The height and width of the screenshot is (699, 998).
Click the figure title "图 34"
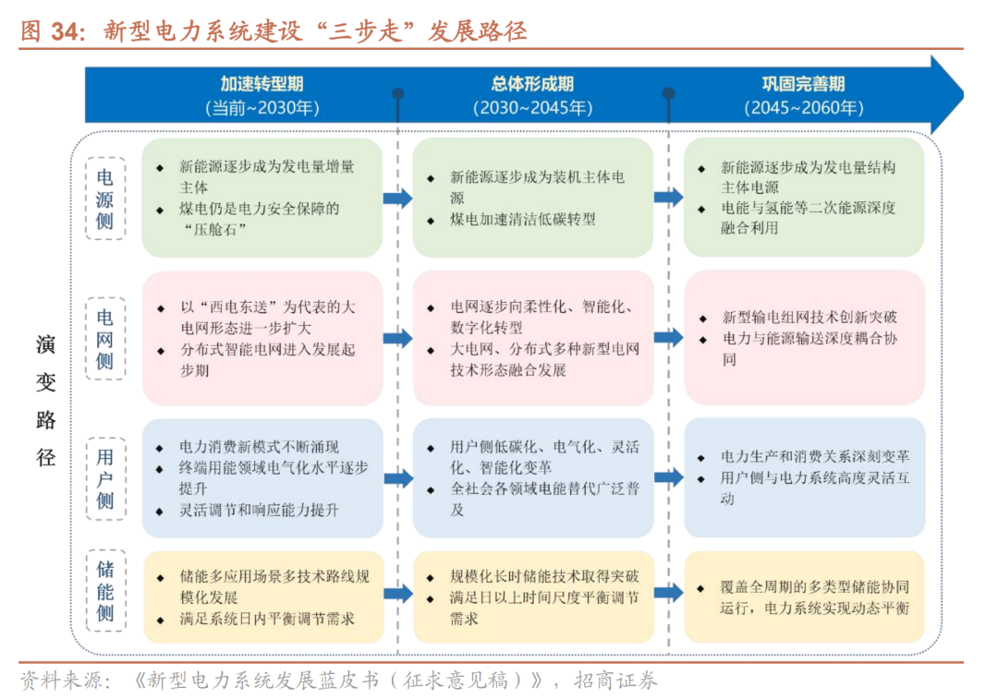pyautogui.click(x=52, y=30)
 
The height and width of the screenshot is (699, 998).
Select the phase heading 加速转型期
pyautogui.click(x=262, y=84)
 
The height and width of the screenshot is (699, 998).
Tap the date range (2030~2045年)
pyautogui.click(x=533, y=107)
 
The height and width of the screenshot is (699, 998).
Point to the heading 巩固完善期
pyautogui.click(x=803, y=84)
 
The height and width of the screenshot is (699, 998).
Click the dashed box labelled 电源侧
pyautogui.click(x=104, y=198)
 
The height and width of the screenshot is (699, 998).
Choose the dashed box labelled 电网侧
pyautogui.click(x=104, y=338)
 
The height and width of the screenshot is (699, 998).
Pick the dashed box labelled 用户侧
pyautogui.click(x=104, y=477)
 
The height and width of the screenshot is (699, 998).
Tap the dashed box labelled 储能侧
pyautogui.click(x=104, y=591)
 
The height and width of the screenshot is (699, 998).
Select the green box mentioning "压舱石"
pyautogui.click(x=262, y=198)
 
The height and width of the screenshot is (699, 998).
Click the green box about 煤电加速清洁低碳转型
pyautogui.click(x=533, y=198)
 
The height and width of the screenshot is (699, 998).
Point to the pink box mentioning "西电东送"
pyautogui.click(x=262, y=338)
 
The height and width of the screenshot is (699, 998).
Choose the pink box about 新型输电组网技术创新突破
pyautogui.click(x=804, y=338)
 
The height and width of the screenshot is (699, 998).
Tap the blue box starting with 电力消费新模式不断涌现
pyautogui.click(x=262, y=477)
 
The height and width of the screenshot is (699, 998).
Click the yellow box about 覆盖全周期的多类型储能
pyautogui.click(x=804, y=597)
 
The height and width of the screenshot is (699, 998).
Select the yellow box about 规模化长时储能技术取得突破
pyautogui.click(x=533, y=597)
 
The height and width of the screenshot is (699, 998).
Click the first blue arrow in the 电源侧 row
pyautogui.click(x=397, y=198)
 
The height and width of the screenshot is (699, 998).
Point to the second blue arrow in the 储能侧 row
pyautogui.click(x=668, y=593)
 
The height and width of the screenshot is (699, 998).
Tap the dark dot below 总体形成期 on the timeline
pyautogui.click(x=398, y=93)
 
